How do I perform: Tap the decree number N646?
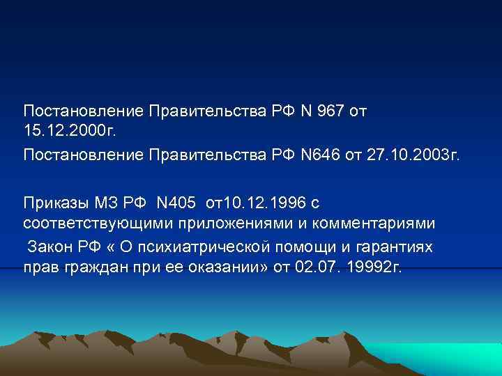pos(319,153)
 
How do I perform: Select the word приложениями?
pos(215,224)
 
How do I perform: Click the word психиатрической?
pos(207,248)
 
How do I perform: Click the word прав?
pos(38,269)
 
